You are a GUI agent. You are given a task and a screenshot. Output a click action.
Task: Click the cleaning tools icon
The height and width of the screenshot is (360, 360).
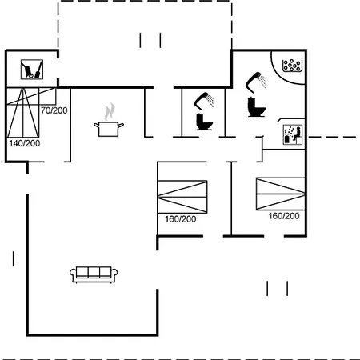click(32, 70)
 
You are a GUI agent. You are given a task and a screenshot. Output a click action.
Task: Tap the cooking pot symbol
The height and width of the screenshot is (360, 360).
click(109, 129)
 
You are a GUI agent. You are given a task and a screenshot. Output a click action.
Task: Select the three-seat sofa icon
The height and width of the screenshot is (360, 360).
click(94, 274)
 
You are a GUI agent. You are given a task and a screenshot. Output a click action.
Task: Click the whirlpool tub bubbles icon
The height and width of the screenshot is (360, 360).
click(292, 65)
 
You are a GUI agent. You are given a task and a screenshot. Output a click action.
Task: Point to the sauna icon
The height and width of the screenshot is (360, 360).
click(293, 134)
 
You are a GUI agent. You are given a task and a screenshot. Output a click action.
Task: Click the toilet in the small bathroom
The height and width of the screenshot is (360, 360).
click(205, 122)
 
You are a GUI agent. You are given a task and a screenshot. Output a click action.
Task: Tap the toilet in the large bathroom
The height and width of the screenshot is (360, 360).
click(256, 107)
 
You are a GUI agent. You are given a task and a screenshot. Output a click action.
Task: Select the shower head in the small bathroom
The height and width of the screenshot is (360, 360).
click(204, 101)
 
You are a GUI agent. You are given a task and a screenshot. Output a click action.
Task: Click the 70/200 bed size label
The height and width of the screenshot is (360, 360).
click(54, 110)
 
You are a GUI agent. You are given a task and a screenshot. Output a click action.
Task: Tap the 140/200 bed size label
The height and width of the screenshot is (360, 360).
click(25, 143)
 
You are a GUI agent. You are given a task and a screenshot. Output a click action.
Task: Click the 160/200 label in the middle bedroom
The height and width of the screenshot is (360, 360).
click(181, 219)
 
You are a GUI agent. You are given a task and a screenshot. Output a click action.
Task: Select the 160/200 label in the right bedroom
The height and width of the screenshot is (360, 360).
click(284, 216)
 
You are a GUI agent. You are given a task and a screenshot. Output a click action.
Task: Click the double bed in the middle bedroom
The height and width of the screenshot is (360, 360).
click(182, 197)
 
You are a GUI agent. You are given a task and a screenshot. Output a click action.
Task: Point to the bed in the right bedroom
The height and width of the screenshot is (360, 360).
click(281, 194)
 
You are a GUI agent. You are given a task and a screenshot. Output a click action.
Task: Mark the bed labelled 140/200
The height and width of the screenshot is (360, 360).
click(23, 113)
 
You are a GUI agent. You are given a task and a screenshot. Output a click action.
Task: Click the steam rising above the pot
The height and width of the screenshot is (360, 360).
click(110, 111)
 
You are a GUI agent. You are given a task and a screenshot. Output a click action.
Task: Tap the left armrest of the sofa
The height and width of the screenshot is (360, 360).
click(73, 274)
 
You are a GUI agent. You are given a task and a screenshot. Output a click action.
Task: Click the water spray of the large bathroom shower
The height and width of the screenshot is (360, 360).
click(263, 82)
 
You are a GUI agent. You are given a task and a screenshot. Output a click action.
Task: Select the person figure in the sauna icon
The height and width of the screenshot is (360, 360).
click(298, 134)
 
